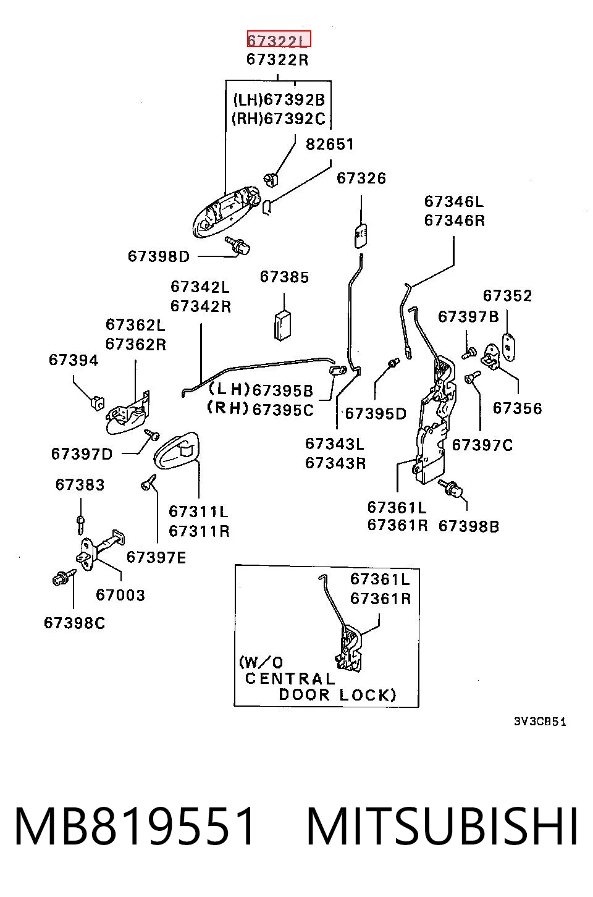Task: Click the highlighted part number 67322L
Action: (279, 39)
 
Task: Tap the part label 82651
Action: (330, 144)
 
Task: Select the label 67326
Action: (361, 178)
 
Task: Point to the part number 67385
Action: (284, 277)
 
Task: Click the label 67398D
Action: (159, 256)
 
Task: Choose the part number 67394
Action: (74, 360)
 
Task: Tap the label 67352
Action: (507, 295)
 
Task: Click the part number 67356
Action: (517, 408)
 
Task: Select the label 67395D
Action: (376, 413)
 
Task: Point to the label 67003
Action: (120, 595)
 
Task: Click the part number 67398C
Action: (74, 623)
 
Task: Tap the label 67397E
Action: (156, 557)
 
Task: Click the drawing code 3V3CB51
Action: (540, 722)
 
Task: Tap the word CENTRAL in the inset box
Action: (290, 679)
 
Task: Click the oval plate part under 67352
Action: (508, 347)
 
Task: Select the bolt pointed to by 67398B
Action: (451, 488)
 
